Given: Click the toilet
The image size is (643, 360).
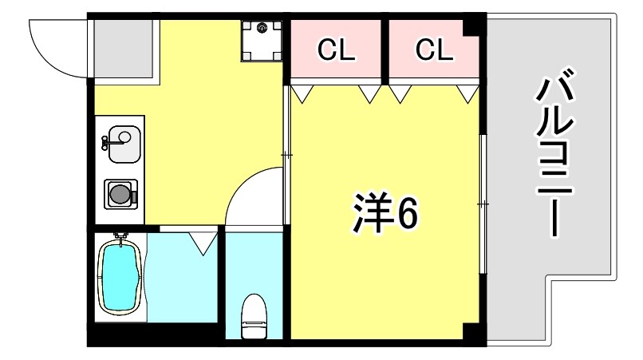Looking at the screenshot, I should click(x=253, y=316).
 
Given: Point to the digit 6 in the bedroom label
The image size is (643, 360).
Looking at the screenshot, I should click(x=405, y=213).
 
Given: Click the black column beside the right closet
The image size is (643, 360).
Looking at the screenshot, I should click(x=475, y=24).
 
